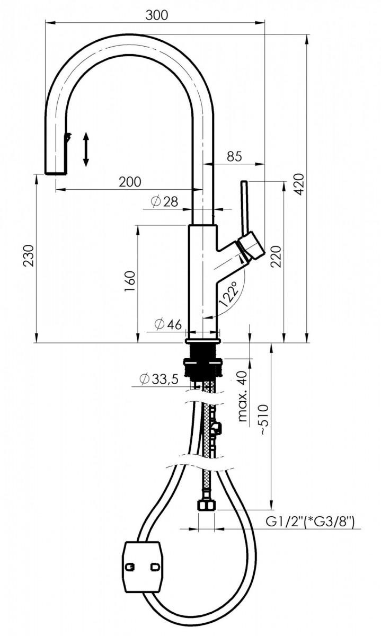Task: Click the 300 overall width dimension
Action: pyautogui.click(x=156, y=15)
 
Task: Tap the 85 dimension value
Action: pyautogui.click(x=235, y=156)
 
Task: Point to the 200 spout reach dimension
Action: pyautogui.click(x=130, y=182)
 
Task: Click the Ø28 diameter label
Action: pyautogui.click(x=163, y=201)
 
